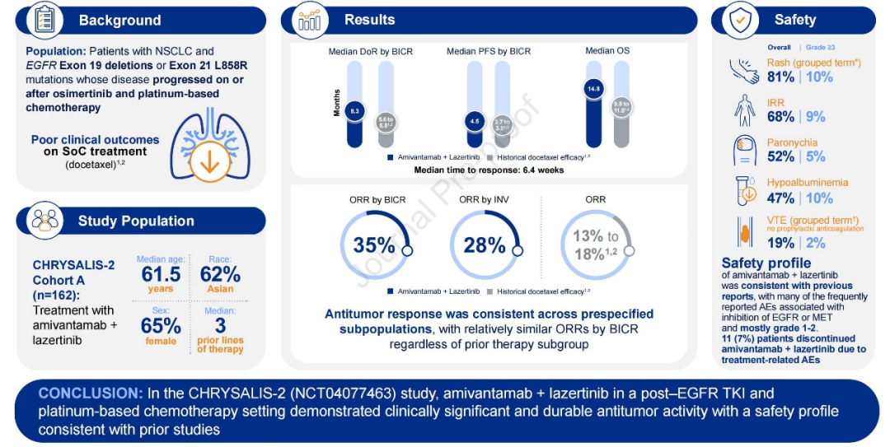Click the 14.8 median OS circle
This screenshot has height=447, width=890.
[594, 88]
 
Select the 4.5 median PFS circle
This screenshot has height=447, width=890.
[475, 121]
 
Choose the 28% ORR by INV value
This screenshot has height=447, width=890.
[484, 245]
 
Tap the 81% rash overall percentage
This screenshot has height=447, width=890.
[781, 77]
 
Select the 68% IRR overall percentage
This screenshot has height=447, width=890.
[781, 117]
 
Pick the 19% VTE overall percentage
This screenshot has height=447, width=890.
[781, 243]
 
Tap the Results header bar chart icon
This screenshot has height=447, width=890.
[309, 21]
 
